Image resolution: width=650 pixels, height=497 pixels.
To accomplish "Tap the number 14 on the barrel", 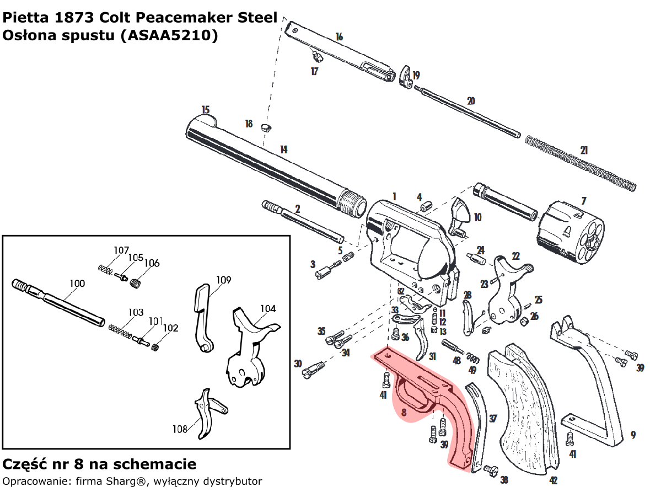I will (283, 149).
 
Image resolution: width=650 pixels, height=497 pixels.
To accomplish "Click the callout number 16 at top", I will (339, 37).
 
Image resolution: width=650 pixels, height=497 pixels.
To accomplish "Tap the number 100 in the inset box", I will (77, 284).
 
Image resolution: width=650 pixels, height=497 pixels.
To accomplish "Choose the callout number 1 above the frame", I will (394, 196).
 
